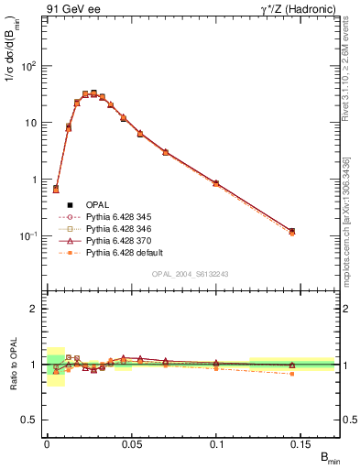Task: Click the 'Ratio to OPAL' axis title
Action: (12, 365)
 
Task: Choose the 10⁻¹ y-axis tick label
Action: (28, 236)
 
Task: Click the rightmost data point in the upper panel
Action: (291, 232)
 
